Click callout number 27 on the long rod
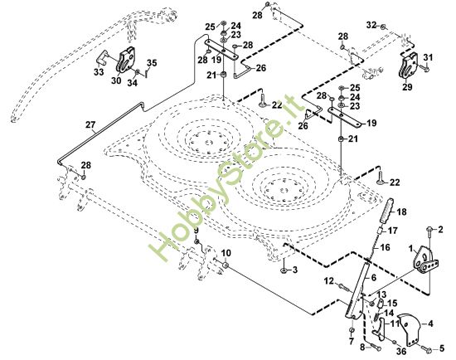[90, 126]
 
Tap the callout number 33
[98, 72]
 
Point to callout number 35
[151, 63]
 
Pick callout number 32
[371, 27]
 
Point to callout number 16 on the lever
[385, 247]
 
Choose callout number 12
[328, 283]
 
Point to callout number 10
[226, 253]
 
